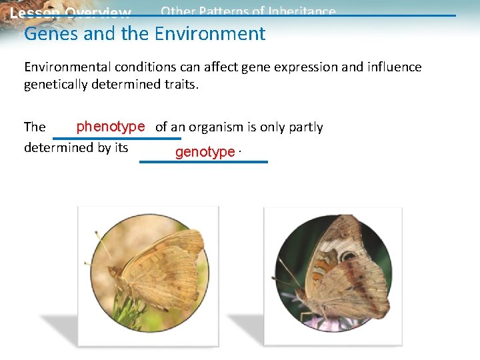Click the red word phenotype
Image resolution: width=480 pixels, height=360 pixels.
tap(111, 127)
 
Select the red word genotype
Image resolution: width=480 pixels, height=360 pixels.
tap(205, 152)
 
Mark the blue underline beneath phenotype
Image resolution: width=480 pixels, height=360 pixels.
tap(117, 139)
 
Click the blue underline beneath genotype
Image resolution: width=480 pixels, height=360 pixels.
tap(203, 162)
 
